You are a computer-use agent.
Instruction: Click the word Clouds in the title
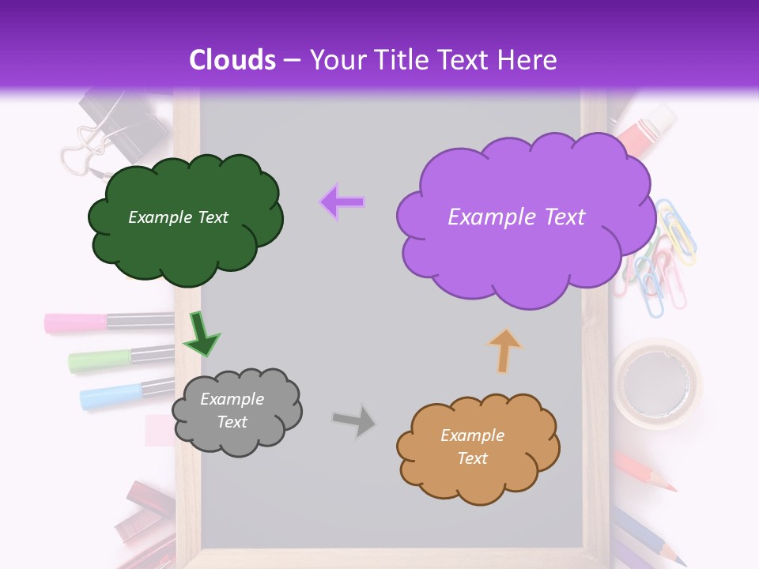pyautogui.click(x=232, y=60)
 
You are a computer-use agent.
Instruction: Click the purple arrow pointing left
pyautogui.click(x=342, y=202)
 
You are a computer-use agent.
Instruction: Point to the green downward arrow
pyautogui.click(x=202, y=333)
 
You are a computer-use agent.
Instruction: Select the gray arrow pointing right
pyautogui.click(x=354, y=420)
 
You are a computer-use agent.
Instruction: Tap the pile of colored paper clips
pyautogui.click(x=660, y=261)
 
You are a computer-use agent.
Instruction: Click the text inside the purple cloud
pyautogui.click(x=516, y=217)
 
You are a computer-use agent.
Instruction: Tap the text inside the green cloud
pyautogui.click(x=178, y=217)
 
